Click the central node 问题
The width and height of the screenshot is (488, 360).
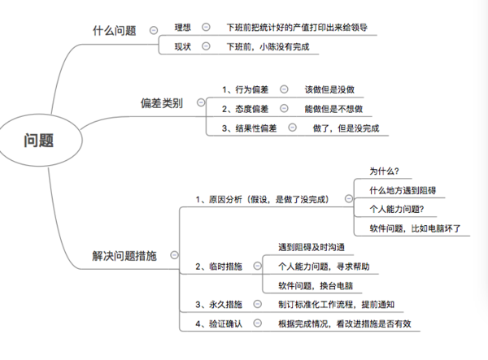tap(38, 140)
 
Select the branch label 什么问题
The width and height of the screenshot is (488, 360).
tap(114, 30)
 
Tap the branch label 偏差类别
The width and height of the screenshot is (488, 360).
tap(162, 103)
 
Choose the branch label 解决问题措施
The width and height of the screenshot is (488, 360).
tap(124, 256)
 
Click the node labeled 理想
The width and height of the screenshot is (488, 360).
tap(183, 28)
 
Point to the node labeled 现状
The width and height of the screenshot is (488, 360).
tap(183, 46)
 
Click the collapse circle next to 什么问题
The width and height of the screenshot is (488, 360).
tap(154, 30)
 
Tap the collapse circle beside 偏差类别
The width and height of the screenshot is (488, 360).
tap(201, 102)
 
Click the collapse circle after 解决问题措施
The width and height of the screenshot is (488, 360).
tap(174, 255)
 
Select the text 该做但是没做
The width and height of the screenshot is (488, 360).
tap(329, 89)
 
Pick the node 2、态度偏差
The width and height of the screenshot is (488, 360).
tap(245, 109)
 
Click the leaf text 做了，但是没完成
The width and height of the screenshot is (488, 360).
tap(346, 128)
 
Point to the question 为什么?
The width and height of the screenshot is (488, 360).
tap(384, 171)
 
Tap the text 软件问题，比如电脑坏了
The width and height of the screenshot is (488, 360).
tap(415, 228)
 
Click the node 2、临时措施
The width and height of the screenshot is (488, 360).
tap(219, 267)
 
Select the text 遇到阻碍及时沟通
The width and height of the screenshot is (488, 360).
tap(312, 247)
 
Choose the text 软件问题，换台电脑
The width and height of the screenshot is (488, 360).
tap(316, 286)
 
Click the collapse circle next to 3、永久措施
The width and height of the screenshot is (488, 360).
tap(257, 304)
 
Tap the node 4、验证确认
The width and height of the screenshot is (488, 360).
tap(219, 324)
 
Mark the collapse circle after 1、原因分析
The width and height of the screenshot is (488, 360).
tap(349, 198)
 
